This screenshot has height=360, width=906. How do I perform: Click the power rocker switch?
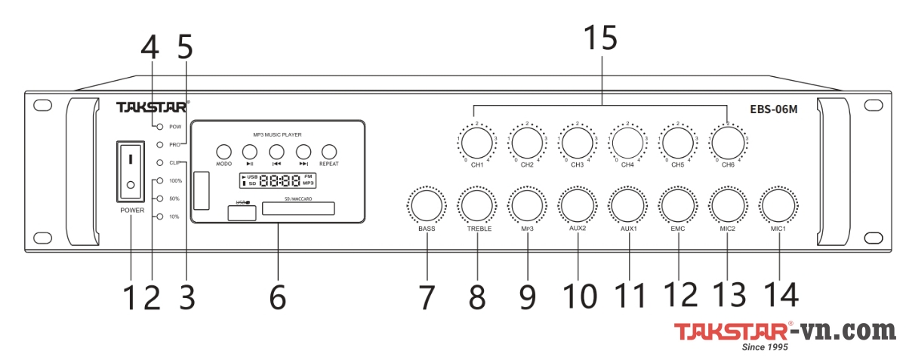point(131,171)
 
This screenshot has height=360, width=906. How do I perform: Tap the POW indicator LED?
point(160,126)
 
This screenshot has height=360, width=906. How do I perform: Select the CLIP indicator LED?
point(160,162)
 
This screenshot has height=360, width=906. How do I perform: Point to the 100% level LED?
point(160,181)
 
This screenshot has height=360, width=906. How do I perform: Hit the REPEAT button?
point(329,151)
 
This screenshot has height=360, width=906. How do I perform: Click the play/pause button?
point(250,151)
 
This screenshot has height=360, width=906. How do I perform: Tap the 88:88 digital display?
point(277,181)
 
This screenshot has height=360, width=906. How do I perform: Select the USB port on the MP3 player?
point(242,212)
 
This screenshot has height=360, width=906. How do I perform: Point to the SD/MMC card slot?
point(298,208)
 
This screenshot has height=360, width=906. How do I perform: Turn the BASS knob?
point(427,205)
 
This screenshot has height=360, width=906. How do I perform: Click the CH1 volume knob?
point(476,141)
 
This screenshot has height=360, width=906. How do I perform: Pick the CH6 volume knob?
point(728,141)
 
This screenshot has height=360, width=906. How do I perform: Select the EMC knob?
point(678,205)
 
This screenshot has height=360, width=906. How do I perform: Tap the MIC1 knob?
point(778,205)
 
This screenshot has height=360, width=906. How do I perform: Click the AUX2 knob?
point(578,205)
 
